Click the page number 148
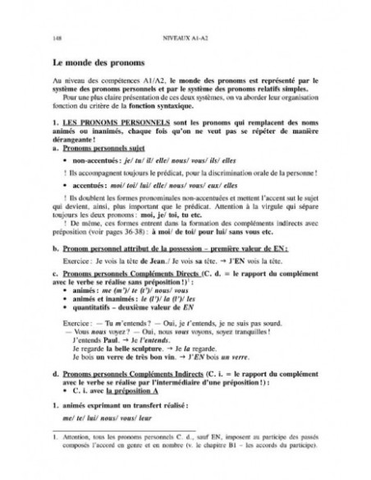55,38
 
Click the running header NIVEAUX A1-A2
185,38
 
